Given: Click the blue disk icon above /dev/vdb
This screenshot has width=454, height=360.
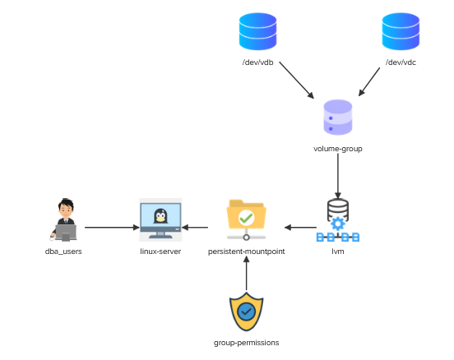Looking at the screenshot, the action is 257,31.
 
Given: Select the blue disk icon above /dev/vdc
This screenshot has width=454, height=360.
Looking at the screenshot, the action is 401,31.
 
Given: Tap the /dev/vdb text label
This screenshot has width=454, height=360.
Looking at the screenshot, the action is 257,62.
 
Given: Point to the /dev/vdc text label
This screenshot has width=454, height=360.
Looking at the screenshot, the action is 401,62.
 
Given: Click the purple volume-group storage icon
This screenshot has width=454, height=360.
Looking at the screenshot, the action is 338,118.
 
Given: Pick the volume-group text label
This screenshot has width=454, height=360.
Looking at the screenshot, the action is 338,149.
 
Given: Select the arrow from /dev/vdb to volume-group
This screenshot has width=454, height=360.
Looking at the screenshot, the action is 296,81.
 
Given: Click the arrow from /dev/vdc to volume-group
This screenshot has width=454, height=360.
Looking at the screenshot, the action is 369,82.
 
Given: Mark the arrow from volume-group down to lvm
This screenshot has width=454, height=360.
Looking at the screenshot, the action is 338,176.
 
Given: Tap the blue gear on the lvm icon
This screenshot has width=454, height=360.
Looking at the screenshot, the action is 338,224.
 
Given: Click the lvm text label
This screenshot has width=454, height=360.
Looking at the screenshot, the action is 338,252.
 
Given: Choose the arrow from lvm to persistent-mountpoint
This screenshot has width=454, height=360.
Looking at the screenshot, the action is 300,228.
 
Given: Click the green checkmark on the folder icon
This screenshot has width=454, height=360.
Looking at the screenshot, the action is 246,218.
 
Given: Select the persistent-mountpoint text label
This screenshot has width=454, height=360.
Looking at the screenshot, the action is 247,252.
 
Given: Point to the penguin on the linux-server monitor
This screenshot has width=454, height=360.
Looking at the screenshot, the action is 160,216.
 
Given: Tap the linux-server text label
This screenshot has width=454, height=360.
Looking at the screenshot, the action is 160,252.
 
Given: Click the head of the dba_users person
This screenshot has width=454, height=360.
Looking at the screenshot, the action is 66,208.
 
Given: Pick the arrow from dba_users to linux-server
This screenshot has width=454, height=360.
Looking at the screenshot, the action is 112,228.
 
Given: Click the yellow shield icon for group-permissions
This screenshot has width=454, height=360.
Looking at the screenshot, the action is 247,312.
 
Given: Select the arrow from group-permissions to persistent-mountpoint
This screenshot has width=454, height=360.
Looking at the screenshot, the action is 247,273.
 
